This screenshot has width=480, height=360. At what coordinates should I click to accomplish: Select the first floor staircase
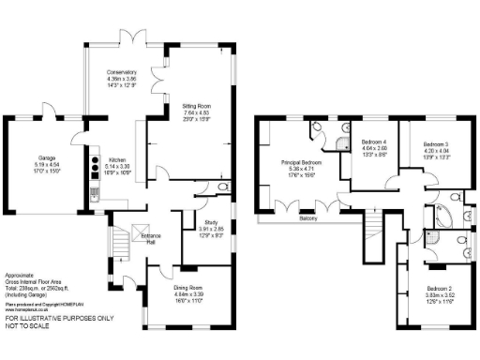[x=375, y=226]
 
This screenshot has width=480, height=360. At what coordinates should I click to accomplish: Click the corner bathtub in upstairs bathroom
[x=439, y=218]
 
